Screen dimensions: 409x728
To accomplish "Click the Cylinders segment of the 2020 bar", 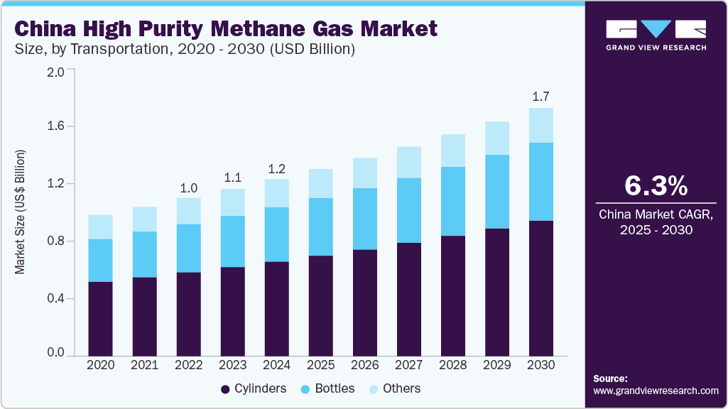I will pyautogui.click(x=100, y=318).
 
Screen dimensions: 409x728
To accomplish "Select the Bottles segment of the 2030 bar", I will pyautogui.click(x=541, y=182).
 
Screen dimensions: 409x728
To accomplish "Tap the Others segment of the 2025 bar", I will pyautogui.click(x=320, y=183).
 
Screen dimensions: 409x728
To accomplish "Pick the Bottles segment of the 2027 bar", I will pyautogui.click(x=408, y=210).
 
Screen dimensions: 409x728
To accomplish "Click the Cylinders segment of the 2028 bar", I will pyautogui.click(x=452, y=295).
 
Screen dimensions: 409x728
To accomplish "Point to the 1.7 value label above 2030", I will pyautogui.click(x=541, y=96).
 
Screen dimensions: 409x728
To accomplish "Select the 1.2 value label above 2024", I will pyautogui.click(x=276, y=168).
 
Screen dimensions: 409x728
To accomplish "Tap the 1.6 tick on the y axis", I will pyautogui.click(x=55, y=126).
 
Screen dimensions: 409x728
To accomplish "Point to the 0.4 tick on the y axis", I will pyautogui.click(x=55, y=298).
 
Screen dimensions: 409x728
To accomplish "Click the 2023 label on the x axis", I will pyautogui.click(x=232, y=365).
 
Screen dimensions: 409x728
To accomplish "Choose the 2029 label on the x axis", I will pyautogui.click(x=497, y=365).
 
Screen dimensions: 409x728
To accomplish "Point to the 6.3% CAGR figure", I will pyautogui.click(x=656, y=185).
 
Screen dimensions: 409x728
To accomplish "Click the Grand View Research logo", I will pyautogui.click(x=656, y=35).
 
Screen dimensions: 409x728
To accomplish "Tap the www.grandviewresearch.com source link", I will pyautogui.click(x=656, y=391).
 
